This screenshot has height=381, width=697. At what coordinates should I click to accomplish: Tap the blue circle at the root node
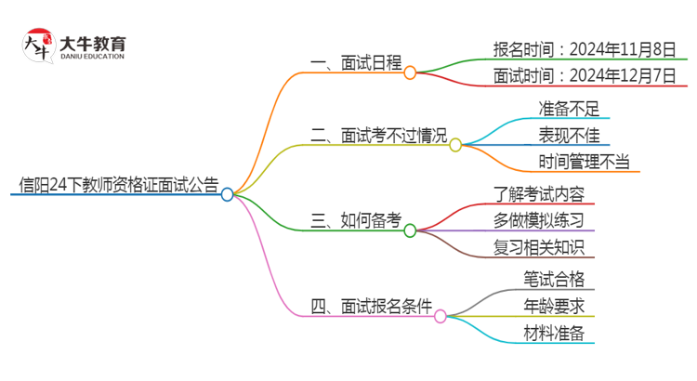pos(228,194)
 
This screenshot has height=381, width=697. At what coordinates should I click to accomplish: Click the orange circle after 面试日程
pos(410,72)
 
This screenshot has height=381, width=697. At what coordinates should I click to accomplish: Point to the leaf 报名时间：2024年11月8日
pos(585,48)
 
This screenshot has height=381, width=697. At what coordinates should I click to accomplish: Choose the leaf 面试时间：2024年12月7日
pos(585,76)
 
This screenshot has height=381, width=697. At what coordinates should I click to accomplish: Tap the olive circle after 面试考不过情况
pos(455,145)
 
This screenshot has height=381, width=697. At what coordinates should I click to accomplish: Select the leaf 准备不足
pos(569,108)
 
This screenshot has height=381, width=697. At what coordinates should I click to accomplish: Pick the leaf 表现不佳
pos(569,136)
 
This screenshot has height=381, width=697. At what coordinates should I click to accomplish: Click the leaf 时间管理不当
pos(584,163)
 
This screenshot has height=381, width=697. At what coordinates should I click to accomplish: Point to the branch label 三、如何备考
pos(356,220)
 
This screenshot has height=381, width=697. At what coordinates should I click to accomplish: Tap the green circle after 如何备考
pos(410,230)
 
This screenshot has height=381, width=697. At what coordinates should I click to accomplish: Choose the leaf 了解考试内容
pos(539,193)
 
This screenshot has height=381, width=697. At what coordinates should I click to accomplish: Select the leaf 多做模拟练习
pos(539,220)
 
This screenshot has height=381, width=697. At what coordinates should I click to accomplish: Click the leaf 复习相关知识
pos(539,247)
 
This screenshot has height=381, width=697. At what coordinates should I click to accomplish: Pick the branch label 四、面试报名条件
pos(372,307)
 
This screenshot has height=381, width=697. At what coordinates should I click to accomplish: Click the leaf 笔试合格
pos(554,279)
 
